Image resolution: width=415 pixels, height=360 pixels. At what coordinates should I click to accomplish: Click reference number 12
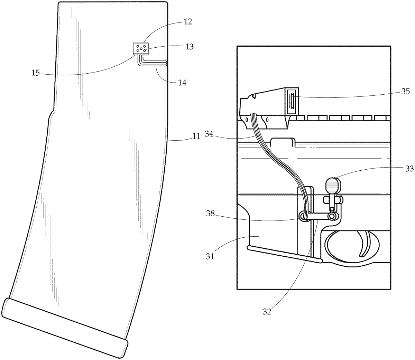tap(188, 22)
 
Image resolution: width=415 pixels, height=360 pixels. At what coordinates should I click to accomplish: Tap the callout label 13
tap(189, 47)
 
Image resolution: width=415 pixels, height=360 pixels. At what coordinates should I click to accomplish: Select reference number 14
tap(182, 83)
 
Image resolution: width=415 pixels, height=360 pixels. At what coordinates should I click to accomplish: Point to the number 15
tap(36, 73)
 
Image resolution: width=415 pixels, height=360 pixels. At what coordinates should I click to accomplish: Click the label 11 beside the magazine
tap(196, 136)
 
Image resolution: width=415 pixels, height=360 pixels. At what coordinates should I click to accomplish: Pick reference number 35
tap(405, 92)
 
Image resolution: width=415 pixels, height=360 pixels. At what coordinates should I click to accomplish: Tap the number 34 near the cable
tap(209, 134)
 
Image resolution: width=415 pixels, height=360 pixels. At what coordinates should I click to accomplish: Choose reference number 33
tap(409, 169)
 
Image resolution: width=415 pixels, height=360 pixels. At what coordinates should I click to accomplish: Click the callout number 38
tap(210, 214)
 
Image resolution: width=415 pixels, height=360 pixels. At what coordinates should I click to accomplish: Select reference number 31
tap(210, 256)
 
